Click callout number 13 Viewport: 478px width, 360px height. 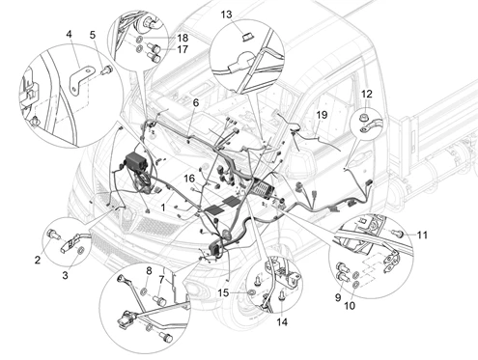[226, 14]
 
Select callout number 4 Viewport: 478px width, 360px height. [70, 34]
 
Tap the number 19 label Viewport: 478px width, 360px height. [322, 115]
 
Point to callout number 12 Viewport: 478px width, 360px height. [367, 94]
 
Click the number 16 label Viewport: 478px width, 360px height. [189, 178]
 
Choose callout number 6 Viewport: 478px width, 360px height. [196, 103]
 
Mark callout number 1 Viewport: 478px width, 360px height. [163, 208]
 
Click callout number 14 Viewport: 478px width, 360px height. [282, 321]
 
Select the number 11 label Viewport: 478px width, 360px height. [422, 235]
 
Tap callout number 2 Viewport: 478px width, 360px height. [38, 260]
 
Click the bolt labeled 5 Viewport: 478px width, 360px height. [105, 69]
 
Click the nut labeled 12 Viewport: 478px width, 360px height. [364, 118]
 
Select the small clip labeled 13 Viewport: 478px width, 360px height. [247, 37]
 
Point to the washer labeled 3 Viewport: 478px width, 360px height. [80, 250]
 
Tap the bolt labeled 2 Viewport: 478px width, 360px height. [53, 235]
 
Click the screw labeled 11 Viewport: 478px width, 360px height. [399, 233]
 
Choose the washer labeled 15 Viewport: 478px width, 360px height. [252, 292]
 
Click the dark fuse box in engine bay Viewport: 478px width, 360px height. [136, 162]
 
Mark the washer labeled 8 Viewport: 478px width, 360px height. [144, 292]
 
